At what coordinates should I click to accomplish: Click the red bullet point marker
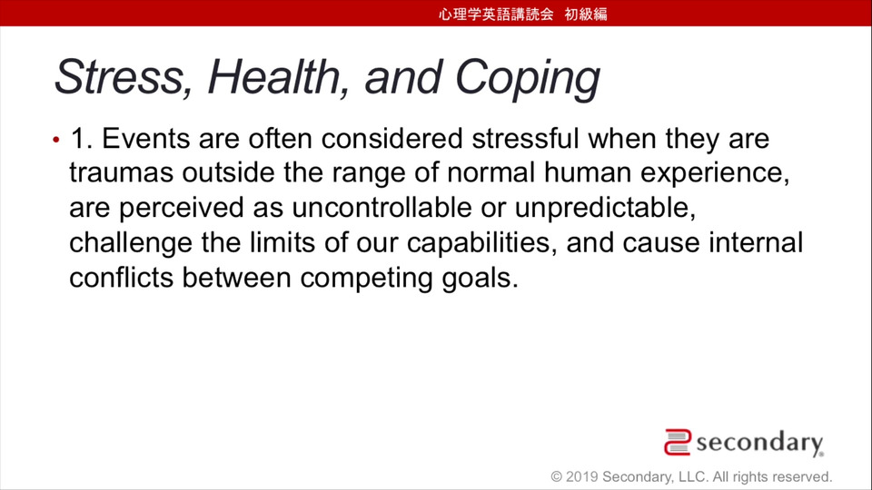(x=56, y=140)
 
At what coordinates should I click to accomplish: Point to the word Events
(x=145, y=138)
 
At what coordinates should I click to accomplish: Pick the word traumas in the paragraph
(x=121, y=172)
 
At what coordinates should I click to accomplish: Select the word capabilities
(x=482, y=243)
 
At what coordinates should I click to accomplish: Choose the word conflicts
(x=121, y=278)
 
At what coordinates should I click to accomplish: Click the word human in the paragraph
(x=588, y=172)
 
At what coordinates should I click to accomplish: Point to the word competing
(x=366, y=279)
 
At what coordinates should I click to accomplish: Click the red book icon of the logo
(x=678, y=442)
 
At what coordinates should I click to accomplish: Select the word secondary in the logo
(x=759, y=443)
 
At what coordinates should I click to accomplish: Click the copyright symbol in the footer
(x=556, y=476)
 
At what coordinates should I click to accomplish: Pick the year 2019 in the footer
(x=581, y=476)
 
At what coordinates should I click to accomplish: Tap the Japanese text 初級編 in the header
(x=586, y=14)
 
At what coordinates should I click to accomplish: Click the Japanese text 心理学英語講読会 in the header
(x=496, y=14)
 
